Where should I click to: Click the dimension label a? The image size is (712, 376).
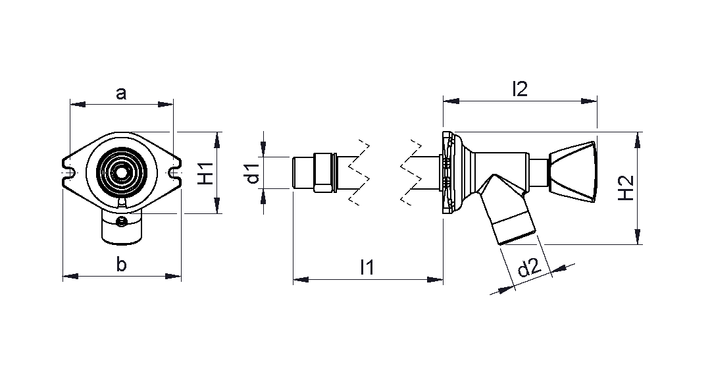[x=121, y=94]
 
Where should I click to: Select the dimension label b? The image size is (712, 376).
[x=121, y=263]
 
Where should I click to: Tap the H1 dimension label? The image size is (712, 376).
[x=207, y=173]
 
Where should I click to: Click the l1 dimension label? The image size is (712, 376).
[x=367, y=267]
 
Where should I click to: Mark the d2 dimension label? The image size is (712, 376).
[x=530, y=269]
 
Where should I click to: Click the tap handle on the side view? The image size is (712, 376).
[x=572, y=171]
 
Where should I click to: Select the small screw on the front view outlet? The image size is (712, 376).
[x=122, y=222]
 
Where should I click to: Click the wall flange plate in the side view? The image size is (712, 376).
[x=448, y=173]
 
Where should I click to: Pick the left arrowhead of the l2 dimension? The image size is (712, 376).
[x=451, y=101]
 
